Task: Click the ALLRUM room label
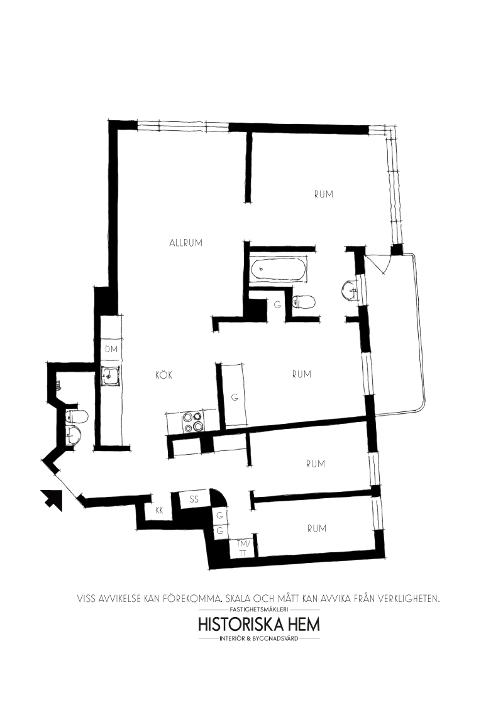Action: click(x=185, y=243)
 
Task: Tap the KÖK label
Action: click(x=164, y=375)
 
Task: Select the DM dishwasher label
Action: click(x=111, y=349)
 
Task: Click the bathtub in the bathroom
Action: click(x=278, y=269)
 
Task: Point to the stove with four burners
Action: click(x=193, y=422)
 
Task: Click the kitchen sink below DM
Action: click(x=111, y=376)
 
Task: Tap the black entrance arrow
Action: click(x=52, y=500)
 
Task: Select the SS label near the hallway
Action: click(x=194, y=499)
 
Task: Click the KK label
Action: click(x=159, y=510)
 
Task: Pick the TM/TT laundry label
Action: click(x=243, y=548)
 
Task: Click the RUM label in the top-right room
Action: click(x=324, y=194)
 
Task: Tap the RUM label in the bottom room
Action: click(x=316, y=528)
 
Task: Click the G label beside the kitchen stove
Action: click(x=235, y=398)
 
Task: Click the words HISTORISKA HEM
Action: click(x=259, y=625)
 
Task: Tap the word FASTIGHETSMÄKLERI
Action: click(x=259, y=609)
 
